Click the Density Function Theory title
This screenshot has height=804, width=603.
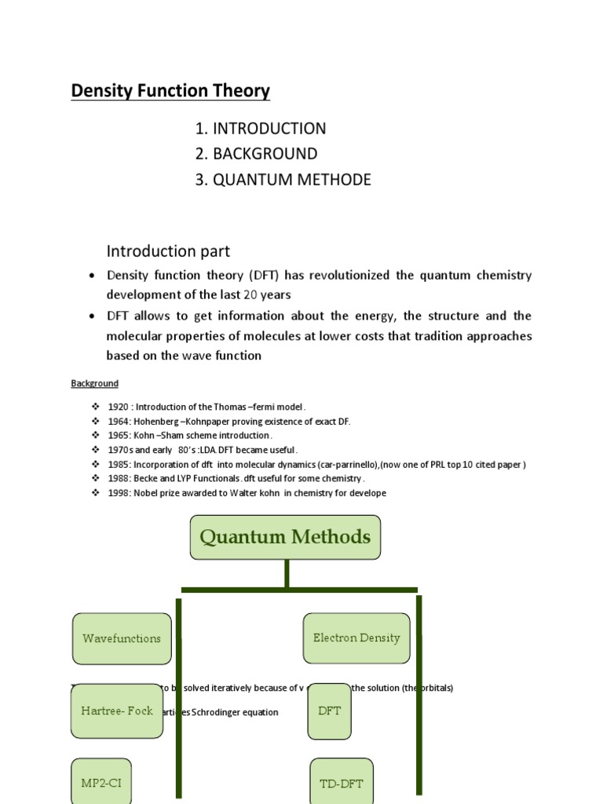tap(170, 91)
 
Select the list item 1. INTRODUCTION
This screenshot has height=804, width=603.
tap(261, 129)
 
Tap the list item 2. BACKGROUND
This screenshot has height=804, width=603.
tap(257, 154)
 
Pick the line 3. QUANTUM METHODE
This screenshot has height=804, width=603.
tap(283, 180)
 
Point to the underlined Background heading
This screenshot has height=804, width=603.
tap(95, 384)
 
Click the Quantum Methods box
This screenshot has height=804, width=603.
tap(285, 538)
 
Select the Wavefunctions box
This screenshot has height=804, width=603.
tap(122, 638)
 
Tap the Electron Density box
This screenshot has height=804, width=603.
tap(356, 638)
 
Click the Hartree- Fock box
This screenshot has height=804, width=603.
tap(117, 711)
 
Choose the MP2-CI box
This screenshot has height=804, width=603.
tap(101, 783)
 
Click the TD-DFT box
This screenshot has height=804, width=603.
tap(342, 784)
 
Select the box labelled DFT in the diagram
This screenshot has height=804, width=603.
tap(329, 711)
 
